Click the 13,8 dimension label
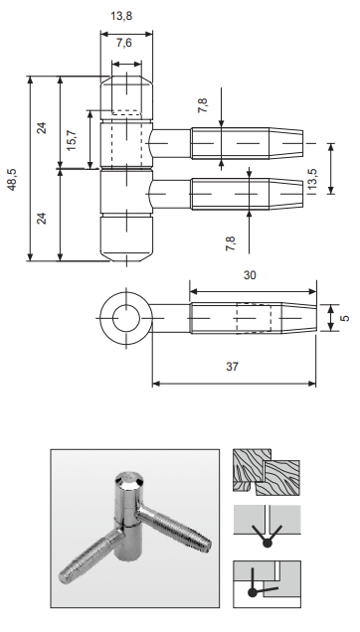click(x=121, y=16)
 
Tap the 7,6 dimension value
click(x=124, y=43)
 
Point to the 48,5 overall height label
click(x=12, y=180)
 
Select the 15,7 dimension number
click(x=72, y=141)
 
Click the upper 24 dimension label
click(x=42, y=128)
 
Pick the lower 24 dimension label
click(x=42, y=218)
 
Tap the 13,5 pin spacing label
click(x=312, y=179)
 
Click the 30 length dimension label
click(x=250, y=275)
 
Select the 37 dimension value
click(x=232, y=367)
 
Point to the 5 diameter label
click(x=345, y=318)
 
